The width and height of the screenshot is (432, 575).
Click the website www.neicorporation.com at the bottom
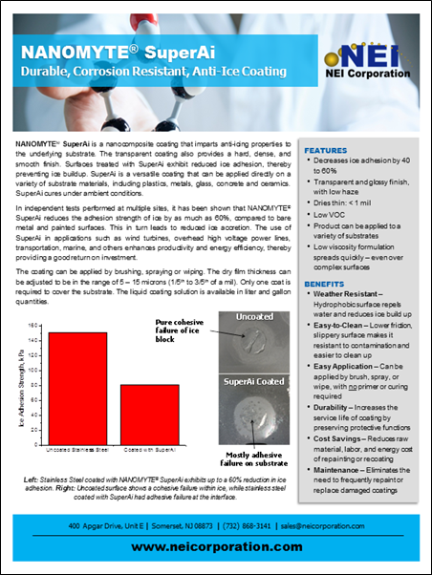(215, 546)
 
